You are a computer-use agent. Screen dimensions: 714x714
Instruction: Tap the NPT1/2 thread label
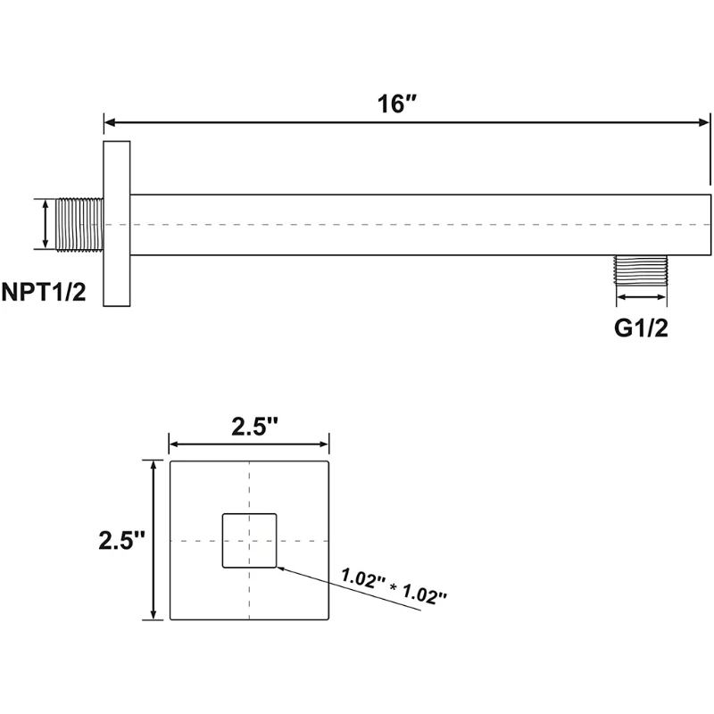44,293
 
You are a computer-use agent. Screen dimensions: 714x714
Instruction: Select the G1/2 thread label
641,328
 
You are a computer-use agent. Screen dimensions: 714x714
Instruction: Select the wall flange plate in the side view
117,223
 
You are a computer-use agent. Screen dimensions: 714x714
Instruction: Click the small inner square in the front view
249,541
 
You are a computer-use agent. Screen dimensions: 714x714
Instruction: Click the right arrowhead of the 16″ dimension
706,122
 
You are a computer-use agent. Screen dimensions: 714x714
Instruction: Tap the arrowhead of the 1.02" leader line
280,566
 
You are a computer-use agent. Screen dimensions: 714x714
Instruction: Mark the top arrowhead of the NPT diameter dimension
45,203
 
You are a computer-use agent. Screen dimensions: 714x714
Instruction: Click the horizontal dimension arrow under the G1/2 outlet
641,297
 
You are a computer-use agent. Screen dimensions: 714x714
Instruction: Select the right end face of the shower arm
710,223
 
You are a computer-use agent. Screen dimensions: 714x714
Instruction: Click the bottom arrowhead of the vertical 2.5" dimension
155,615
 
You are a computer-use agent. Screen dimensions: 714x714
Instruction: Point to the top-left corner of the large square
170,461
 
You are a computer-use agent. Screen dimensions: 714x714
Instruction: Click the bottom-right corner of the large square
329,620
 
